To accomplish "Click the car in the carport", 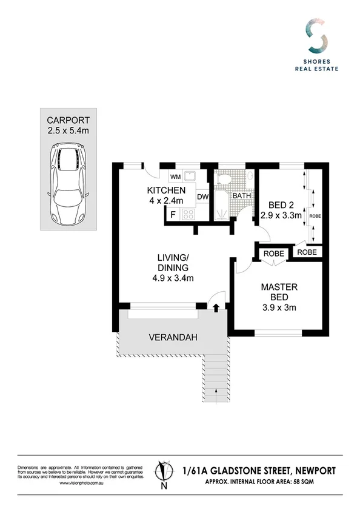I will click(67, 177).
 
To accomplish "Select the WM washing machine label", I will click(175, 177).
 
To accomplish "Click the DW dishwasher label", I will click(202, 197).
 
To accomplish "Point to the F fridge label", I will click(173, 214).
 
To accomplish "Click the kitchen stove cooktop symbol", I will click(187, 214).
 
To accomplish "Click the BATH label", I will click(242, 196).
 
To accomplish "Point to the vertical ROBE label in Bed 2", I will click(314, 215).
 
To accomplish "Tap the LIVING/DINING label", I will click(171, 263).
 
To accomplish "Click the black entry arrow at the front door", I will click(216, 308).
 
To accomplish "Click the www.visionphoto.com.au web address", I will click(81, 483).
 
